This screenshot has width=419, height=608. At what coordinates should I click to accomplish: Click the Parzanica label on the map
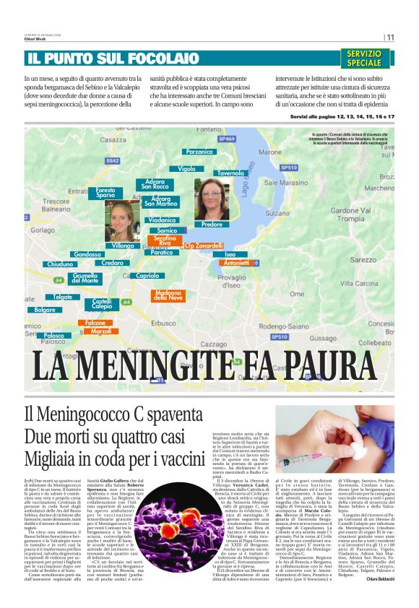(x=199, y=152)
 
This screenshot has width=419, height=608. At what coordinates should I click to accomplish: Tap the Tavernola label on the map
(x=230, y=174)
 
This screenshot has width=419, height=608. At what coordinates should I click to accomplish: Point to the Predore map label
(x=212, y=225)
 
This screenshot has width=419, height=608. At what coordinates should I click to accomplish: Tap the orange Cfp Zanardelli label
(x=204, y=246)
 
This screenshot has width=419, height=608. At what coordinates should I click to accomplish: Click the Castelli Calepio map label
(x=102, y=304)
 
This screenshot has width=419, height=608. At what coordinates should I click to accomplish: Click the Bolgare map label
(x=45, y=310)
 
